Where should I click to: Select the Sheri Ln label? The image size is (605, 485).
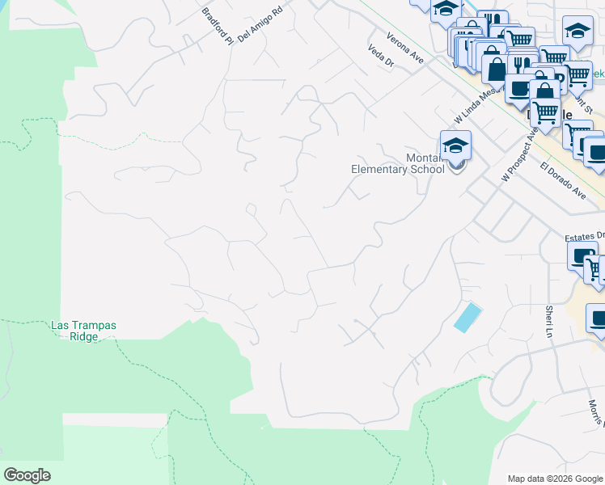click(549, 315)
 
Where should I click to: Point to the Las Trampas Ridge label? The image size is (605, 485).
click(84, 331)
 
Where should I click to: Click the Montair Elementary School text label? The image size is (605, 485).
click(398, 164)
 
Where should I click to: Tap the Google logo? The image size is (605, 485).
click(27, 475)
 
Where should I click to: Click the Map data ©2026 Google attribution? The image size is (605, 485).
click(555, 478)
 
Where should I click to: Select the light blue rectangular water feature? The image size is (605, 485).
click(467, 317)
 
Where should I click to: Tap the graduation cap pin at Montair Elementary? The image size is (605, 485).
click(456, 147)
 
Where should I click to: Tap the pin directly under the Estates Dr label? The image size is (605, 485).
click(581, 258)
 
